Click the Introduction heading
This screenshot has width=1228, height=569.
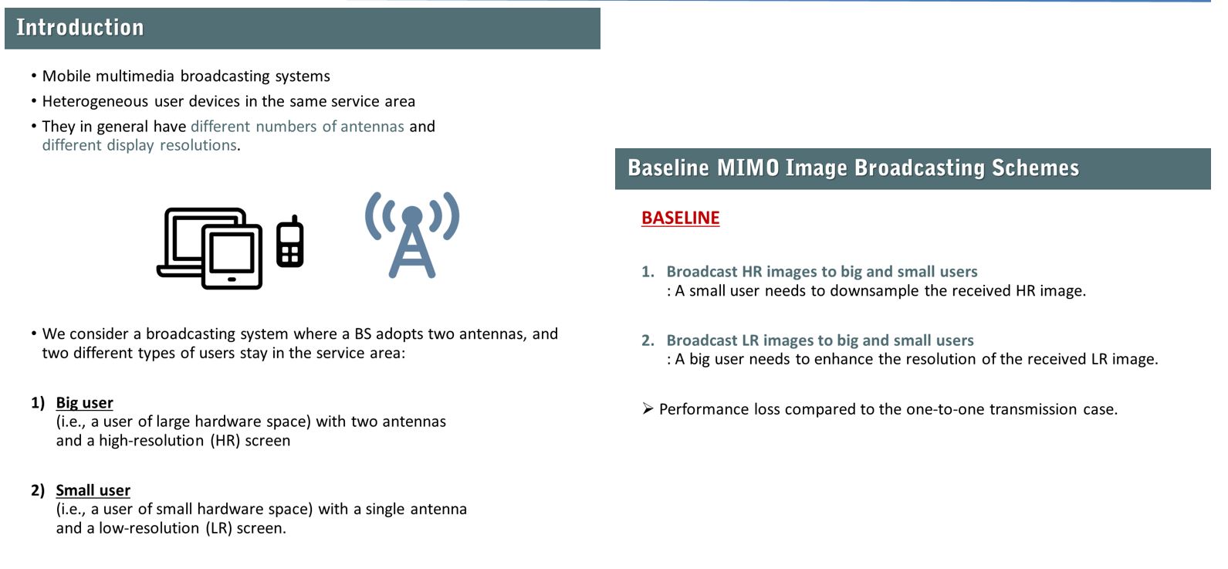(80, 28)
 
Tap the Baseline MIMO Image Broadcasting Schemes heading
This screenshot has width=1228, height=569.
(853, 168)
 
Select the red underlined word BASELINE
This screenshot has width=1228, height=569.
(680, 218)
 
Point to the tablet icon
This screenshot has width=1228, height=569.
(232, 256)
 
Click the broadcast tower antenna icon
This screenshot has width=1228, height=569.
(412, 235)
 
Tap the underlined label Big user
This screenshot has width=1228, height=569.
(84, 403)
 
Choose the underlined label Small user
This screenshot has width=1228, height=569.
(93, 490)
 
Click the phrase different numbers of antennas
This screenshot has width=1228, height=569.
(297, 127)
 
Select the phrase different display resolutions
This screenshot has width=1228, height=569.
(140, 145)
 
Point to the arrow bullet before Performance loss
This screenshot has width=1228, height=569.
(648, 409)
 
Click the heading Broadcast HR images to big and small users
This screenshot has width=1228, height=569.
(822, 272)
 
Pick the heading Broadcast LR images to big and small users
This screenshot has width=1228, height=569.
(820, 340)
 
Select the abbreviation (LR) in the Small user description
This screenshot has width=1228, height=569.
(219, 528)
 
